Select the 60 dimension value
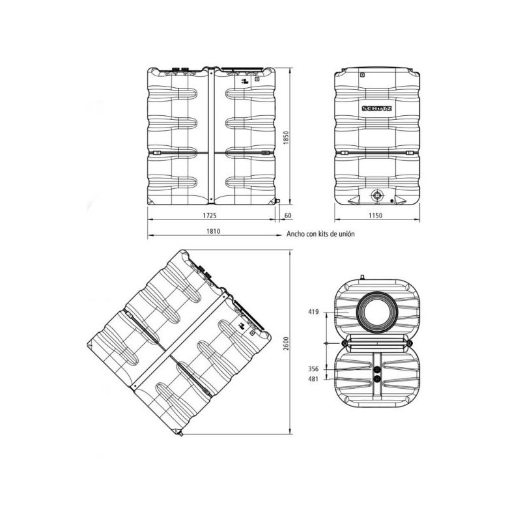point(287,214)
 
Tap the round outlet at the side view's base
point(376,195)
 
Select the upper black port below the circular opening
point(377,369)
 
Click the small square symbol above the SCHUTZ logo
point(363,76)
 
